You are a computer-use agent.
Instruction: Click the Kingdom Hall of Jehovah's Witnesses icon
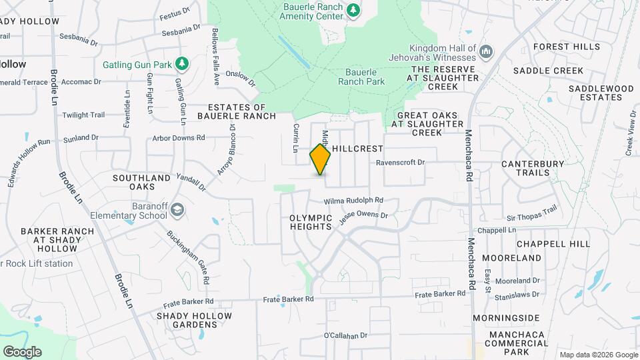(x=486, y=52)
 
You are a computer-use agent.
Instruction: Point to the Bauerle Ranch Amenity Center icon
(x=353, y=10)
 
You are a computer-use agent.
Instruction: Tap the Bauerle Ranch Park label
(x=361, y=77)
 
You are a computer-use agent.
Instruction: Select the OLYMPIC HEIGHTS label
(x=311, y=222)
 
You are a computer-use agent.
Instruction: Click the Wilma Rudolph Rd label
(x=354, y=200)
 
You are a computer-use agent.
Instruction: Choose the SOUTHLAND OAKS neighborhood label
(x=141, y=183)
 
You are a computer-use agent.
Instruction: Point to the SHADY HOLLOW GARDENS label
(x=194, y=320)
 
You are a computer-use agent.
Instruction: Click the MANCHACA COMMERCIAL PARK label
(x=517, y=343)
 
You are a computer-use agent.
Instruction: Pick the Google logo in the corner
(x=22, y=351)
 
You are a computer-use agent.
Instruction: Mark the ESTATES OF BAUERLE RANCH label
(x=241, y=111)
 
